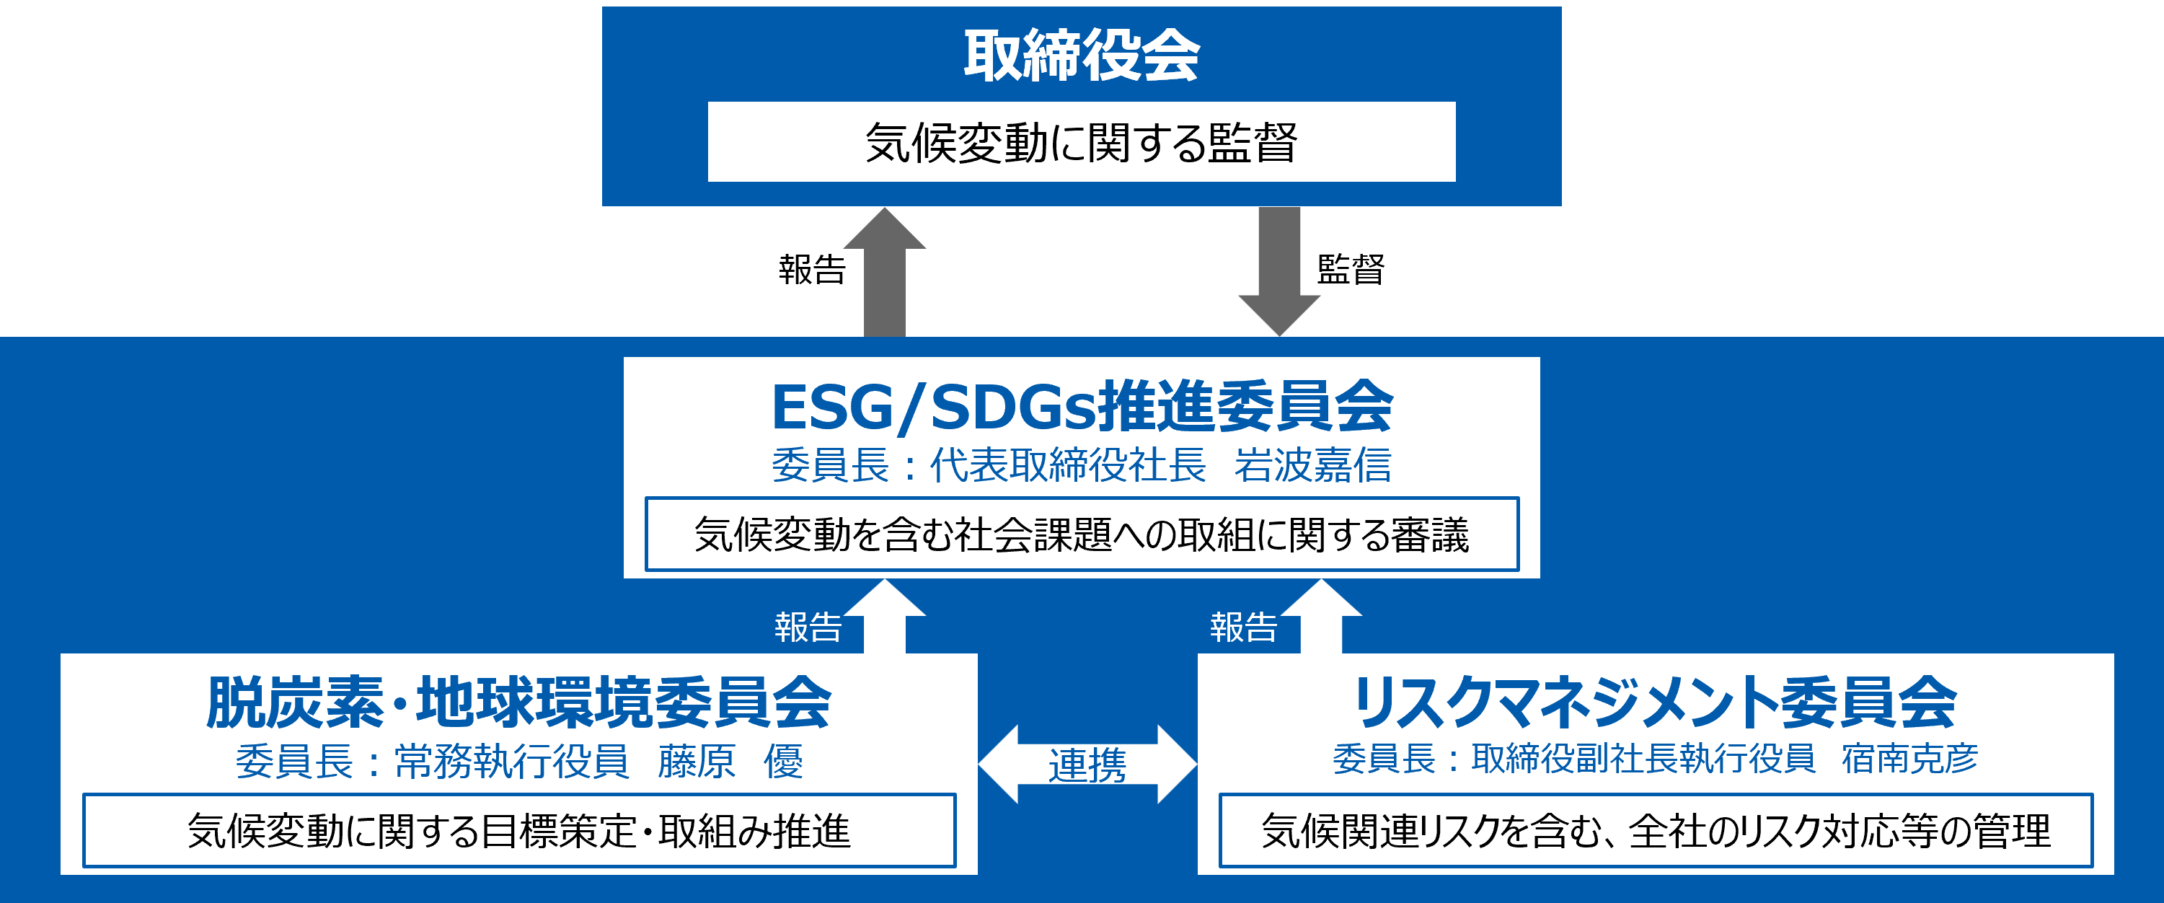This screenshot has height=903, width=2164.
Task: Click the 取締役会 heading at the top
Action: (x=1081, y=56)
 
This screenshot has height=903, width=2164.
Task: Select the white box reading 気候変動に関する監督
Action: (x=1081, y=142)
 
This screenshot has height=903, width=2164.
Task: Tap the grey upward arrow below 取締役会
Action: (x=885, y=272)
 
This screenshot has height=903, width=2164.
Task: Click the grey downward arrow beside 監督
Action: (x=1279, y=272)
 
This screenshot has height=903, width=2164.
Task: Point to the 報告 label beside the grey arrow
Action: (x=811, y=270)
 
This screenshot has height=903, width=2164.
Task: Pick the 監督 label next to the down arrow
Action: (x=1351, y=270)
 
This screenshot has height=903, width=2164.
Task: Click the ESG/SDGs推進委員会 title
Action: (x=1082, y=407)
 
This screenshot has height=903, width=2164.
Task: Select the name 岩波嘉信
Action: (x=1312, y=464)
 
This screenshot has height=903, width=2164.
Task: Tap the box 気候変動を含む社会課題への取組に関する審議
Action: (x=1081, y=534)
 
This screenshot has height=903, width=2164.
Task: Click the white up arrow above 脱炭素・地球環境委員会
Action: (x=885, y=616)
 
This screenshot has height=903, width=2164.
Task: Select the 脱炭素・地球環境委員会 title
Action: (x=518, y=702)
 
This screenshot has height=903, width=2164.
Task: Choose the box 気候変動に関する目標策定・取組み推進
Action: (x=519, y=831)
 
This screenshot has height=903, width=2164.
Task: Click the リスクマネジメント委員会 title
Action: (x=1656, y=702)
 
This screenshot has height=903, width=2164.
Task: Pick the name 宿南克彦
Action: (x=1909, y=758)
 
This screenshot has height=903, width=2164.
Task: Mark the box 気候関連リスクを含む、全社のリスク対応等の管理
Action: (x=1656, y=831)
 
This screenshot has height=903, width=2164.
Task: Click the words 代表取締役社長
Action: (x=1068, y=464)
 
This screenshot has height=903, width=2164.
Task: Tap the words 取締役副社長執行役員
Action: (x=1643, y=758)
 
